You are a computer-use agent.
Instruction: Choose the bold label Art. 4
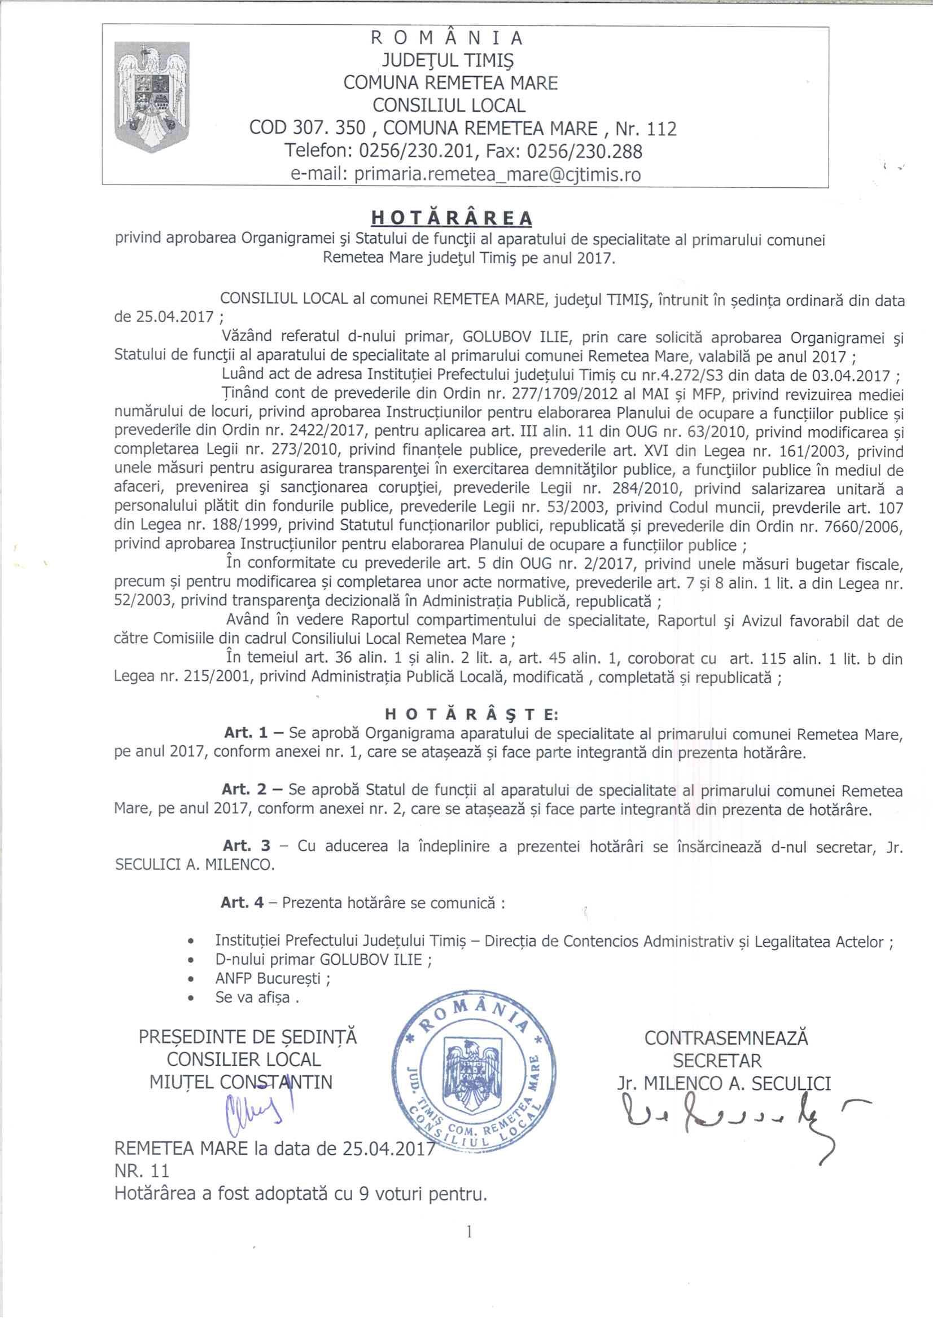click(242, 903)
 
